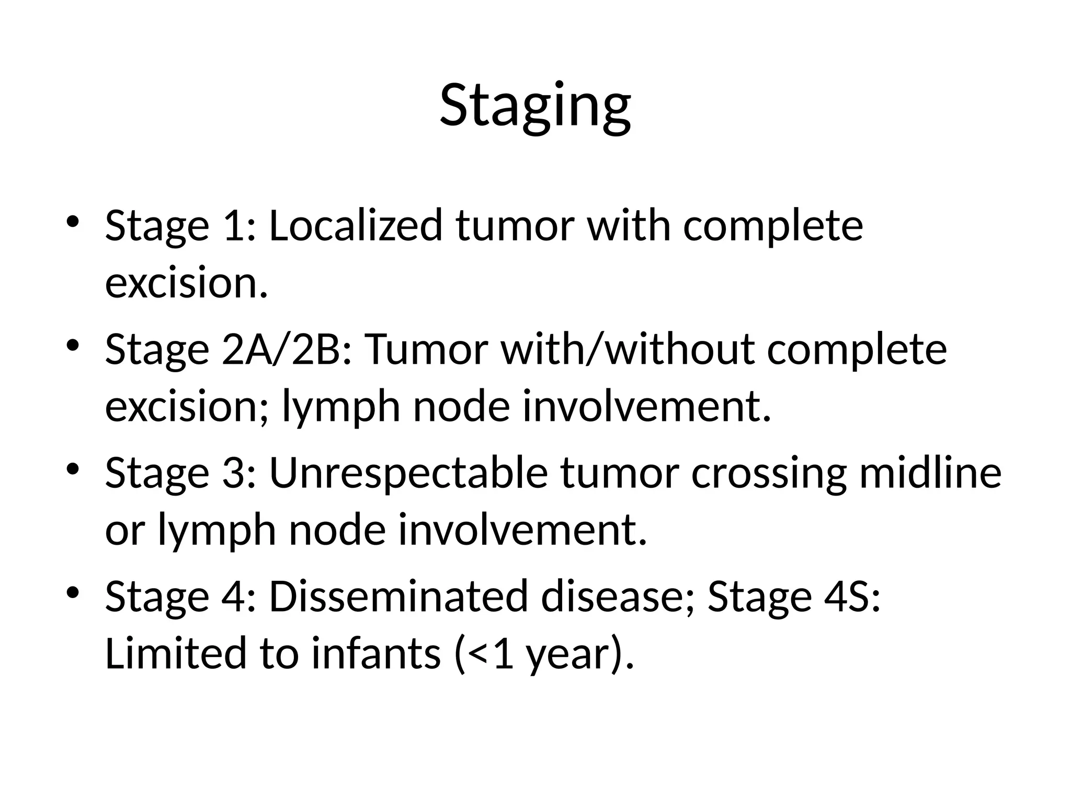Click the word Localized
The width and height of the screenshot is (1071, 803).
356,226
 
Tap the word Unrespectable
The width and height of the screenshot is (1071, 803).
408,473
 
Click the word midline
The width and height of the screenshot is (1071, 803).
930,473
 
